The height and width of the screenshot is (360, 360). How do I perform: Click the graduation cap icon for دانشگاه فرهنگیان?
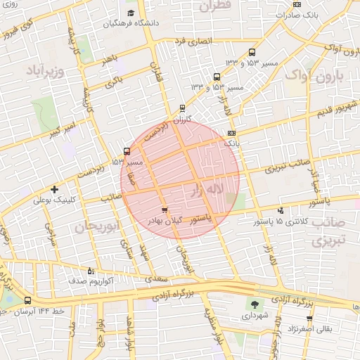tap(131, 13)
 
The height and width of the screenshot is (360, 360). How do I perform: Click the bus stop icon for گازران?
tap(183, 108)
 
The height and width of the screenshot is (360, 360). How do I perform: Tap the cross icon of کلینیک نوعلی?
tap(54, 189)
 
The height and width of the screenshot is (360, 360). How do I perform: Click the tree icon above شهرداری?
tap(254, 304)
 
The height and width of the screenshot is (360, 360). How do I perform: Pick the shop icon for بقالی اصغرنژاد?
tap(290, 328)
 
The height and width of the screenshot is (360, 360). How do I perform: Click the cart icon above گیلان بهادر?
tap(165, 210)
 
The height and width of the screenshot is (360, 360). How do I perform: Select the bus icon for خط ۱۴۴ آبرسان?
tap(27, 300)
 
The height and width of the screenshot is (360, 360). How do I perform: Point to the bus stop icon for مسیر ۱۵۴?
tap(127, 150)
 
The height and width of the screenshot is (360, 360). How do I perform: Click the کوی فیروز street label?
tap(18, 30)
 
